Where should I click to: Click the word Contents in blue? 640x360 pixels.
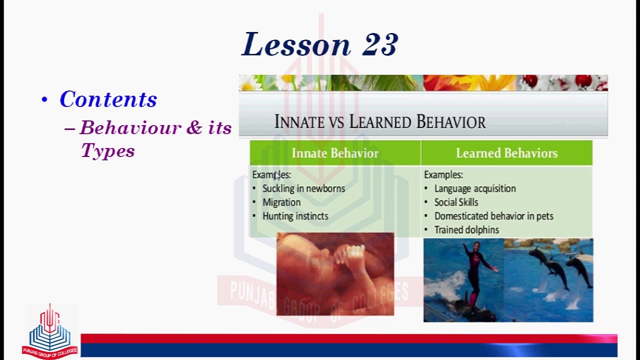[108, 99]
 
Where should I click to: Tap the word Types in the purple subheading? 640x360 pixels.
[107, 150]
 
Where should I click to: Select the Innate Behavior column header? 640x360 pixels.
[335, 153]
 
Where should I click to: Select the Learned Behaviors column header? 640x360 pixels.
[506, 153]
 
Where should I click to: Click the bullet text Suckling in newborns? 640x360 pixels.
[303, 188]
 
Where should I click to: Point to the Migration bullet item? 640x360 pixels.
[281, 202]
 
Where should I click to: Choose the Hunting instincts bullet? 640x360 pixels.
[295, 216]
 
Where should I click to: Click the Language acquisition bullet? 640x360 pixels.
[474, 188]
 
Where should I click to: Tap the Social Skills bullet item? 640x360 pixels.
[456, 202]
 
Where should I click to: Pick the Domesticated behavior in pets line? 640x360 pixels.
[493, 216]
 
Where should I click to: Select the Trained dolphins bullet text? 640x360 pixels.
[466, 230]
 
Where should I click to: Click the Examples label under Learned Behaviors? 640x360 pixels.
[443, 175]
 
